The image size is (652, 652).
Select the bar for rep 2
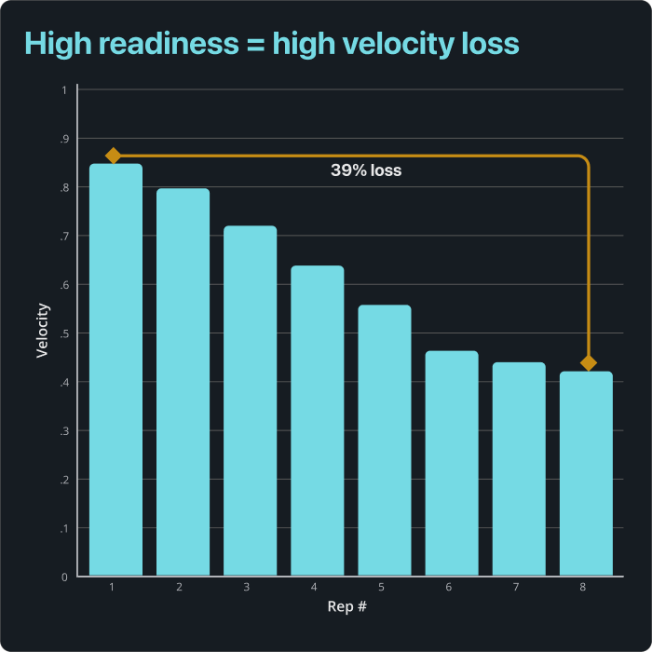tap(183, 382)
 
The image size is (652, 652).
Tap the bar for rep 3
tap(250, 401)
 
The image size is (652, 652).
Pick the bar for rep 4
tap(317, 420)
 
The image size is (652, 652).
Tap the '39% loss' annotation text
tap(366, 171)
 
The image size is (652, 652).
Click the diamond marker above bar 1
tap(114, 156)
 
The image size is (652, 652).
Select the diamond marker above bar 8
tap(588, 363)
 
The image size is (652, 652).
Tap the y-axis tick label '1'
tap(63, 90)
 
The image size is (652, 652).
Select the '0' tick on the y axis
tap(63, 577)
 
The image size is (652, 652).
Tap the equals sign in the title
tap(253, 45)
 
